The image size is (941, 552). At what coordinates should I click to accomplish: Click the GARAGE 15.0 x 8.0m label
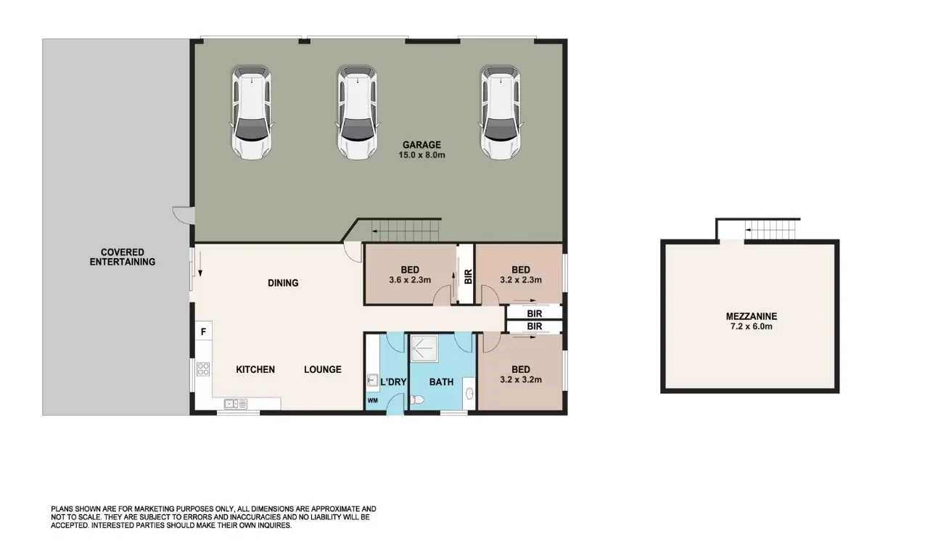click(x=422, y=150)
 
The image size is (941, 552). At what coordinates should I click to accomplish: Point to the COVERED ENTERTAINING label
click(x=122, y=257)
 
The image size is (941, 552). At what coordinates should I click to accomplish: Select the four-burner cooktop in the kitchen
click(x=203, y=368)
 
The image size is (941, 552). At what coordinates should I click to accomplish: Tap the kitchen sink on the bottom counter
click(x=236, y=404)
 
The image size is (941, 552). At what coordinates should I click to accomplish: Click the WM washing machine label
click(x=373, y=400)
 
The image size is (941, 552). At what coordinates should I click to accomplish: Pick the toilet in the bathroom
click(x=417, y=400)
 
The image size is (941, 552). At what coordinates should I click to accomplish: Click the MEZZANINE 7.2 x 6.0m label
click(x=751, y=321)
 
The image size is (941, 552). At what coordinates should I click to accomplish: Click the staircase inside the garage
click(x=403, y=232)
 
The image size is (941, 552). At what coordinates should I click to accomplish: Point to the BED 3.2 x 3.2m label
click(x=520, y=374)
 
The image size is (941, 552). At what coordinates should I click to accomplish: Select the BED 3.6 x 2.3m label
click(x=410, y=274)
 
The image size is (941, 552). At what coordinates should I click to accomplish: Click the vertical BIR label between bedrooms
click(x=467, y=276)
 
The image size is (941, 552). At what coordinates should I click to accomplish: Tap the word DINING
click(x=283, y=283)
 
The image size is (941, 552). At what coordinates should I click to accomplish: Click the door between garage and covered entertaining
click(x=181, y=215)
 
